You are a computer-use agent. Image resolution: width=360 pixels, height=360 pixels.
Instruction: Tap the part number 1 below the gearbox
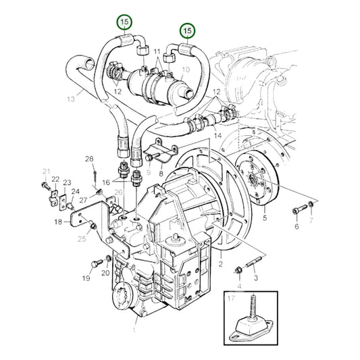[x=134, y=331]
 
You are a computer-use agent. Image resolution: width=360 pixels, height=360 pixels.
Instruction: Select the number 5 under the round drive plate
[x=265, y=219]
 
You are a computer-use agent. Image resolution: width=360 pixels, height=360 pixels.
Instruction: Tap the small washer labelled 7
[x=310, y=204]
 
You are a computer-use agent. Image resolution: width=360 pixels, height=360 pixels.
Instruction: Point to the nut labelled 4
[x=240, y=272]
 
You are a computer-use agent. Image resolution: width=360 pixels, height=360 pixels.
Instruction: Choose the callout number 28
[x=89, y=159]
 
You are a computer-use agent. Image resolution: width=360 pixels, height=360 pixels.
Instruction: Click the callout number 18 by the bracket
[x=59, y=222]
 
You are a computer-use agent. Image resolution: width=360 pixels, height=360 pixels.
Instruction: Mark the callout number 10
[x=187, y=70]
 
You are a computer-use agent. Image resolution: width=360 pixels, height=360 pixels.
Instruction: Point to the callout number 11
[x=157, y=51]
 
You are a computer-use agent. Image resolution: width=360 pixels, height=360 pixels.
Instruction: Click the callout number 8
[x=161, y=174]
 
